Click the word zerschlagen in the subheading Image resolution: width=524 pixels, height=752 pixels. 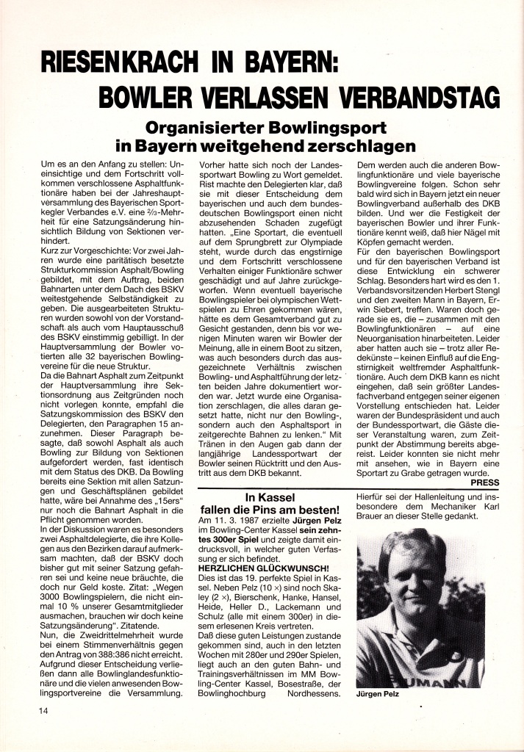pyautogui.click(x=356, y=145)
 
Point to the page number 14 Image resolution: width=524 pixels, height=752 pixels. pyautogui.click(x=46, y=712)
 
